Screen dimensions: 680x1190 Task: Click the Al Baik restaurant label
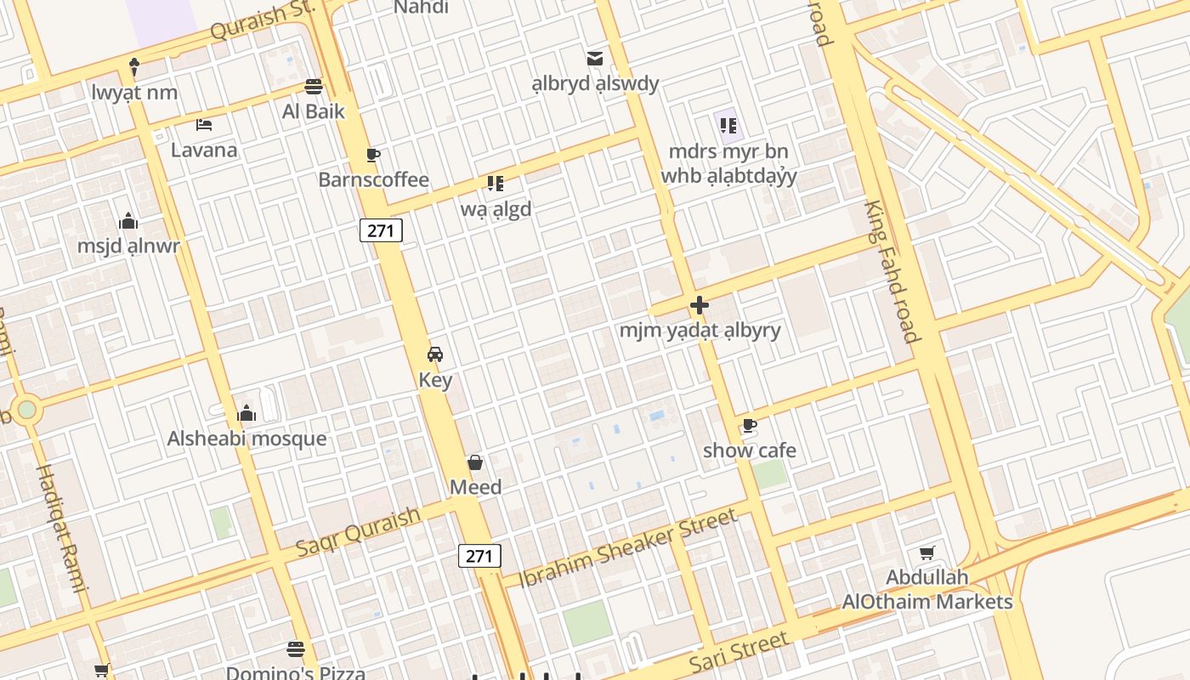[314, 110]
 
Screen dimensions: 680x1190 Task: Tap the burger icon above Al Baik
[314, 86]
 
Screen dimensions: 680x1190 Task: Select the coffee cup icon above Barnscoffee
[372, 155]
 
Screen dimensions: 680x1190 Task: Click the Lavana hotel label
[204, 150]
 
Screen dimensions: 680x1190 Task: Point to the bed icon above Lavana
[204, 125]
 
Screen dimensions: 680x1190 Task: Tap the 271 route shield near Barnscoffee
[380, 229]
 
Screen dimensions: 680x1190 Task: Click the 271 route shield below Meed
[479, 556]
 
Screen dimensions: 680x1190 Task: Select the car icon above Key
[435, 354]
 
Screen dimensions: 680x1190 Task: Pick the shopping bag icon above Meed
[475, 462]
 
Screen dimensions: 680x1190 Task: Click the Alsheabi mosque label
[246, 439]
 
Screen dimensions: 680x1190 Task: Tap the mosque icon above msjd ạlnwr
[129, 222]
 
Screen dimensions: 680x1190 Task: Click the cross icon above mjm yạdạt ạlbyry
[700, 305]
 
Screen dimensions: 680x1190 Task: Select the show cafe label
[750, 450]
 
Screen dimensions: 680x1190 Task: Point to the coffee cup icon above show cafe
[749, 425]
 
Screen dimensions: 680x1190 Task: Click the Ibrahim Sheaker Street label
[627, 547]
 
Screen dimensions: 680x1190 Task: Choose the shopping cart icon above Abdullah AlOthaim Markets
[927, 552]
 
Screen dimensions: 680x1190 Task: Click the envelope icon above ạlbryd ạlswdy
[595, 59]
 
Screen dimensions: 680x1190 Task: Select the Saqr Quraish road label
[358, 532]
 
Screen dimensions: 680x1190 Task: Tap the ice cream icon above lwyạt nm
[134, 66]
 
